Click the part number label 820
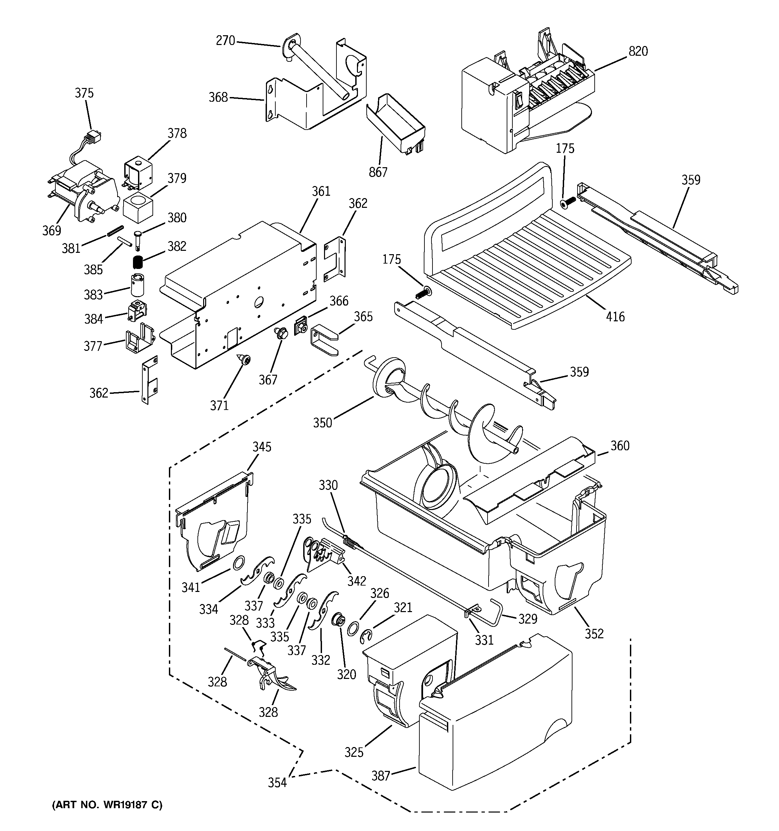[x=638, y=51]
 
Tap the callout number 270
[x=225, y=41]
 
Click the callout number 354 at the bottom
[x=277, y=783]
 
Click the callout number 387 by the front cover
[x=380, y=776]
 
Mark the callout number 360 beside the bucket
[x=620, y=446]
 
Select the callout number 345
[x=262, y=447]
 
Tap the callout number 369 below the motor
[x=51, y=230]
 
